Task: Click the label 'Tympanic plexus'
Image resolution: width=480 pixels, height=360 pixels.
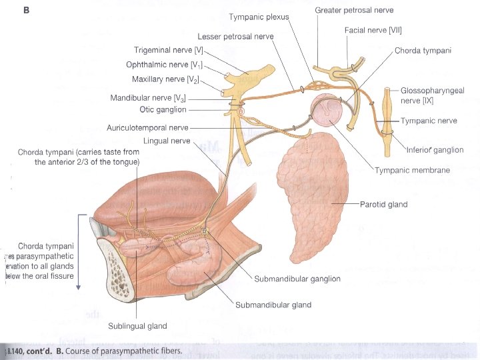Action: pyautogui.click(x=259, y=17)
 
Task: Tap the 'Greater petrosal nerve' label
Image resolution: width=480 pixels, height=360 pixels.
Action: pyautogui.click(x=354, y=10)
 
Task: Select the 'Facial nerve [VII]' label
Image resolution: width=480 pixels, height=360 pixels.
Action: pyautogui.click(x=373, y=30)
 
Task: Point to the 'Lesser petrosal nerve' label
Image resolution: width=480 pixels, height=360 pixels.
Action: pyautogui.click(x=235, y=36)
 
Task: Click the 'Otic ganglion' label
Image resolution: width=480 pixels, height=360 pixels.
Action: pyautogui.click(x=163, y=109)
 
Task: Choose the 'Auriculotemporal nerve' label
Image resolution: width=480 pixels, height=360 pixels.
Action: pyautogui.click(x=147, y=127)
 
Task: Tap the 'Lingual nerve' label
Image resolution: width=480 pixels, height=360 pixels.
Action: pyautogui.click(x=167, y=141)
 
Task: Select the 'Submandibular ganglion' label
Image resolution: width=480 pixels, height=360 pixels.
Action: pyautogui.click(x=297, y=279)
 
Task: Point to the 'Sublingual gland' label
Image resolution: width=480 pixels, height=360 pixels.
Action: pyautogui.click(x=138, y=326)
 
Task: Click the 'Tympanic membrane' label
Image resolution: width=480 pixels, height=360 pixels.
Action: pyautogui.click(x=411, y=171)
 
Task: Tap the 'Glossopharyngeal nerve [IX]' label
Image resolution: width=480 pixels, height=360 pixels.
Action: pyautogui.click(x=433, y=95)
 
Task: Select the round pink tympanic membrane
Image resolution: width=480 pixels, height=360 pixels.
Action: pyautogui.click(x=327, y=110)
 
